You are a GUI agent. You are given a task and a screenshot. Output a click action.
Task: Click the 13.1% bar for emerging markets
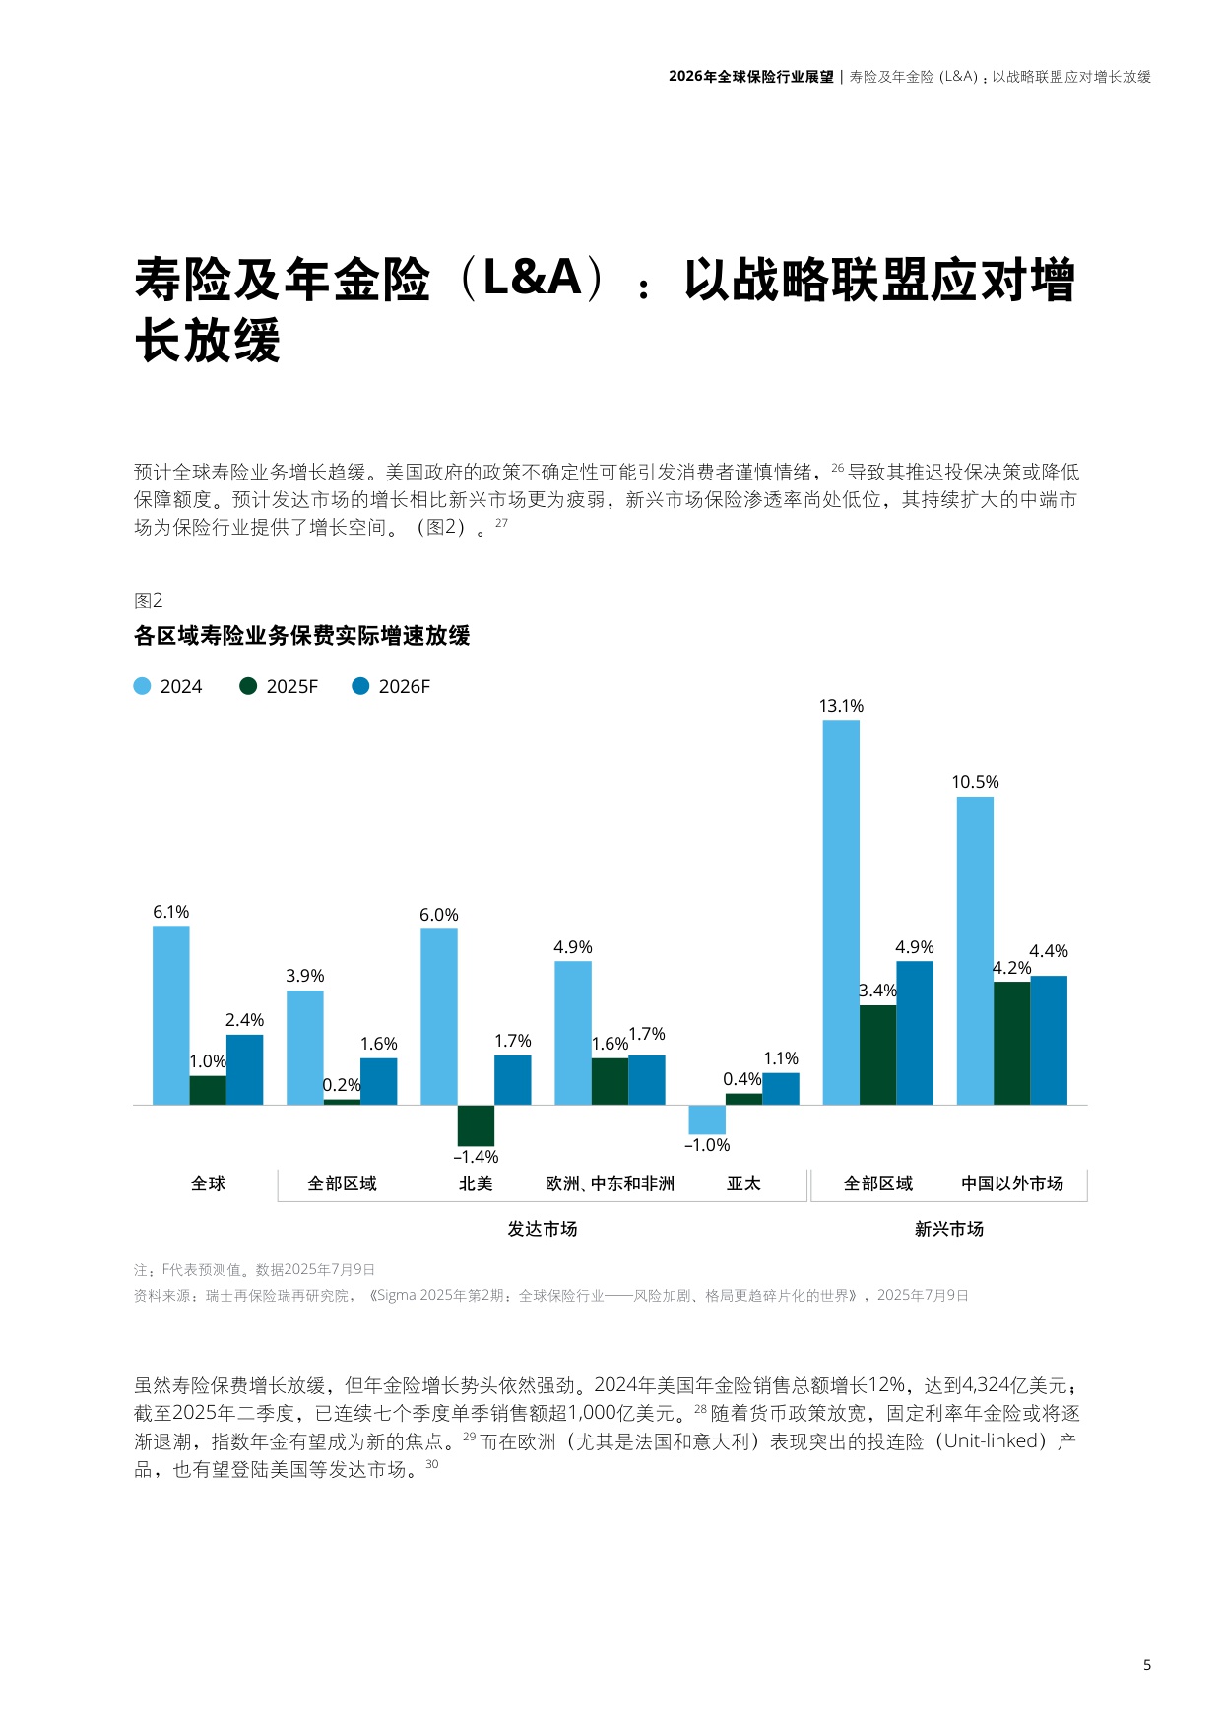840,912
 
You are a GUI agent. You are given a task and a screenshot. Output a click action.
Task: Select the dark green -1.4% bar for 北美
476,1124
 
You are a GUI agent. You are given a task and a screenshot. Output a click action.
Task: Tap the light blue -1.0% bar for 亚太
706,1119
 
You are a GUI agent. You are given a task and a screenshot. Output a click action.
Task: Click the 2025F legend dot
248,686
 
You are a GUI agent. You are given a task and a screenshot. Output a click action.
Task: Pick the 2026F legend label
404,686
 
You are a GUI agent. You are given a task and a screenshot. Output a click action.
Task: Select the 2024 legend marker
143,686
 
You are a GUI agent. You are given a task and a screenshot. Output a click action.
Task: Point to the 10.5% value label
974,782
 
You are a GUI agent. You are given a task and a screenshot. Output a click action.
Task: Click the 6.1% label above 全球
170,912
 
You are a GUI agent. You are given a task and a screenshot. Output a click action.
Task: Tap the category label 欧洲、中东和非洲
610,1183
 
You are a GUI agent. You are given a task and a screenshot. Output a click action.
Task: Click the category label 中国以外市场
1011,1183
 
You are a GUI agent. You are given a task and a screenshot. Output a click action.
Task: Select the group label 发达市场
542,1229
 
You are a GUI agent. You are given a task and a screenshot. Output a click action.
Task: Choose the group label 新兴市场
948,1229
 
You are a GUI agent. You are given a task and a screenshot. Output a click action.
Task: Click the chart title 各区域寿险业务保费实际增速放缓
301,636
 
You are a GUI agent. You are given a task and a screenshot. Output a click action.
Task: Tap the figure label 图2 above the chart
148,601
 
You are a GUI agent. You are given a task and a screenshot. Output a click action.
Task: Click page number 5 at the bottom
1146,1665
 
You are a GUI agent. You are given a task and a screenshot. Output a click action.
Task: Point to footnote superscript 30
432,1464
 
